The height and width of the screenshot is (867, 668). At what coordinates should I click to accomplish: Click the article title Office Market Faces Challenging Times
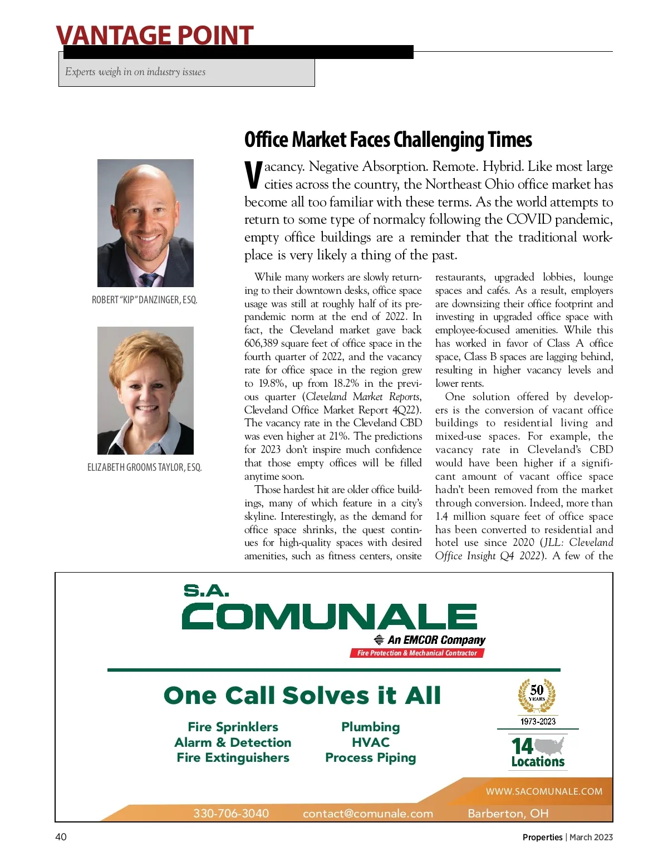tap(388, 140)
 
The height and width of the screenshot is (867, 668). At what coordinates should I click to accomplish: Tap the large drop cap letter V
tap(253, 175)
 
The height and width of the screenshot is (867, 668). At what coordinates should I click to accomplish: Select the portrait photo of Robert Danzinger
tap(145, 223)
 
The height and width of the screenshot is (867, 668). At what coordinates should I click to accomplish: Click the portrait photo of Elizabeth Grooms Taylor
tap(145, 390)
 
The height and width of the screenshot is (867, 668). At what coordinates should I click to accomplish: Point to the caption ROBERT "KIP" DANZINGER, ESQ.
tap(144, 300)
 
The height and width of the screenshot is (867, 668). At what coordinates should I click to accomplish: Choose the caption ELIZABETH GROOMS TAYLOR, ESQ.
tap(144, 467)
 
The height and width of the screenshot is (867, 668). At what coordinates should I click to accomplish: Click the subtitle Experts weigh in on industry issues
tap(135, 72)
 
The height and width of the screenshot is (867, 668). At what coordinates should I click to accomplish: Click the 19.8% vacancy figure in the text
tap(272, 383)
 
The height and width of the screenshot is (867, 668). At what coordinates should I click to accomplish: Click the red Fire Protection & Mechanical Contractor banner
tap(417, 653)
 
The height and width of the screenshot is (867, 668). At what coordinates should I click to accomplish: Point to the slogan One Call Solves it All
tap(302, 696)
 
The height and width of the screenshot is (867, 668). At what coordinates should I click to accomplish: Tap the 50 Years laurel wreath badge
tap(537, 696)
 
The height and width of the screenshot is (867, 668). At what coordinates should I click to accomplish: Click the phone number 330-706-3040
tap(231, 813)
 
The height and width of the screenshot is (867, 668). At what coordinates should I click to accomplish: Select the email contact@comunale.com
tap(368, 813)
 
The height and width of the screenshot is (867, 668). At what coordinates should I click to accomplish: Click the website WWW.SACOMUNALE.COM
tap(544, 791)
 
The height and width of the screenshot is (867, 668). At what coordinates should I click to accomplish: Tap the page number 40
tap(61, 837)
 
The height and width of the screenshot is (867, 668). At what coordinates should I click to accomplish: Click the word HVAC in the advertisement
tap(371, 742)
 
